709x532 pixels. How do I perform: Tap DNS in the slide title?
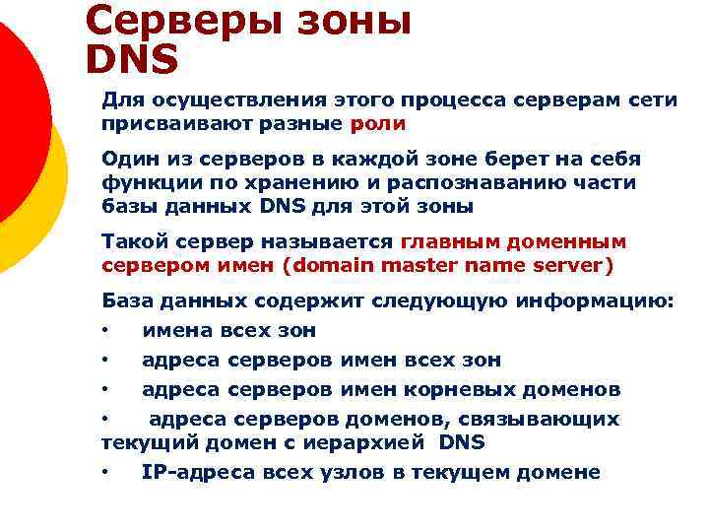tap(132, 60)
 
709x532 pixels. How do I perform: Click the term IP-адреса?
tap(197, 472)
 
